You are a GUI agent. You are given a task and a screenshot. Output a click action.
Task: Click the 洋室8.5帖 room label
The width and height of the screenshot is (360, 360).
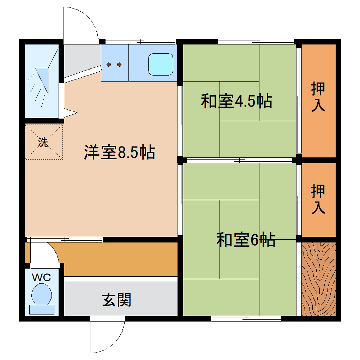[118, 152]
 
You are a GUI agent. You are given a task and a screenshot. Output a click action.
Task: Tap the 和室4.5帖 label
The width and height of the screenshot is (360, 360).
[237, 101]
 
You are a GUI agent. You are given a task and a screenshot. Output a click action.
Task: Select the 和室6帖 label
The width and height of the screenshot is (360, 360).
[246, 239]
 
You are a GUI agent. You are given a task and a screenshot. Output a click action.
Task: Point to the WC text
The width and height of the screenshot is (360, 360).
[41, 277]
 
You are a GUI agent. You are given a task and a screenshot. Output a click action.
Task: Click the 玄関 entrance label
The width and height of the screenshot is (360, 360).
[115, 299]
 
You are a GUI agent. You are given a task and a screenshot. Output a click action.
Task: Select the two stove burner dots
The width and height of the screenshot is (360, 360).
[114, 64]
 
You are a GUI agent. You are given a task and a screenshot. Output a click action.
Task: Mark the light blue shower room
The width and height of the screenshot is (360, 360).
[43, 84]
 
